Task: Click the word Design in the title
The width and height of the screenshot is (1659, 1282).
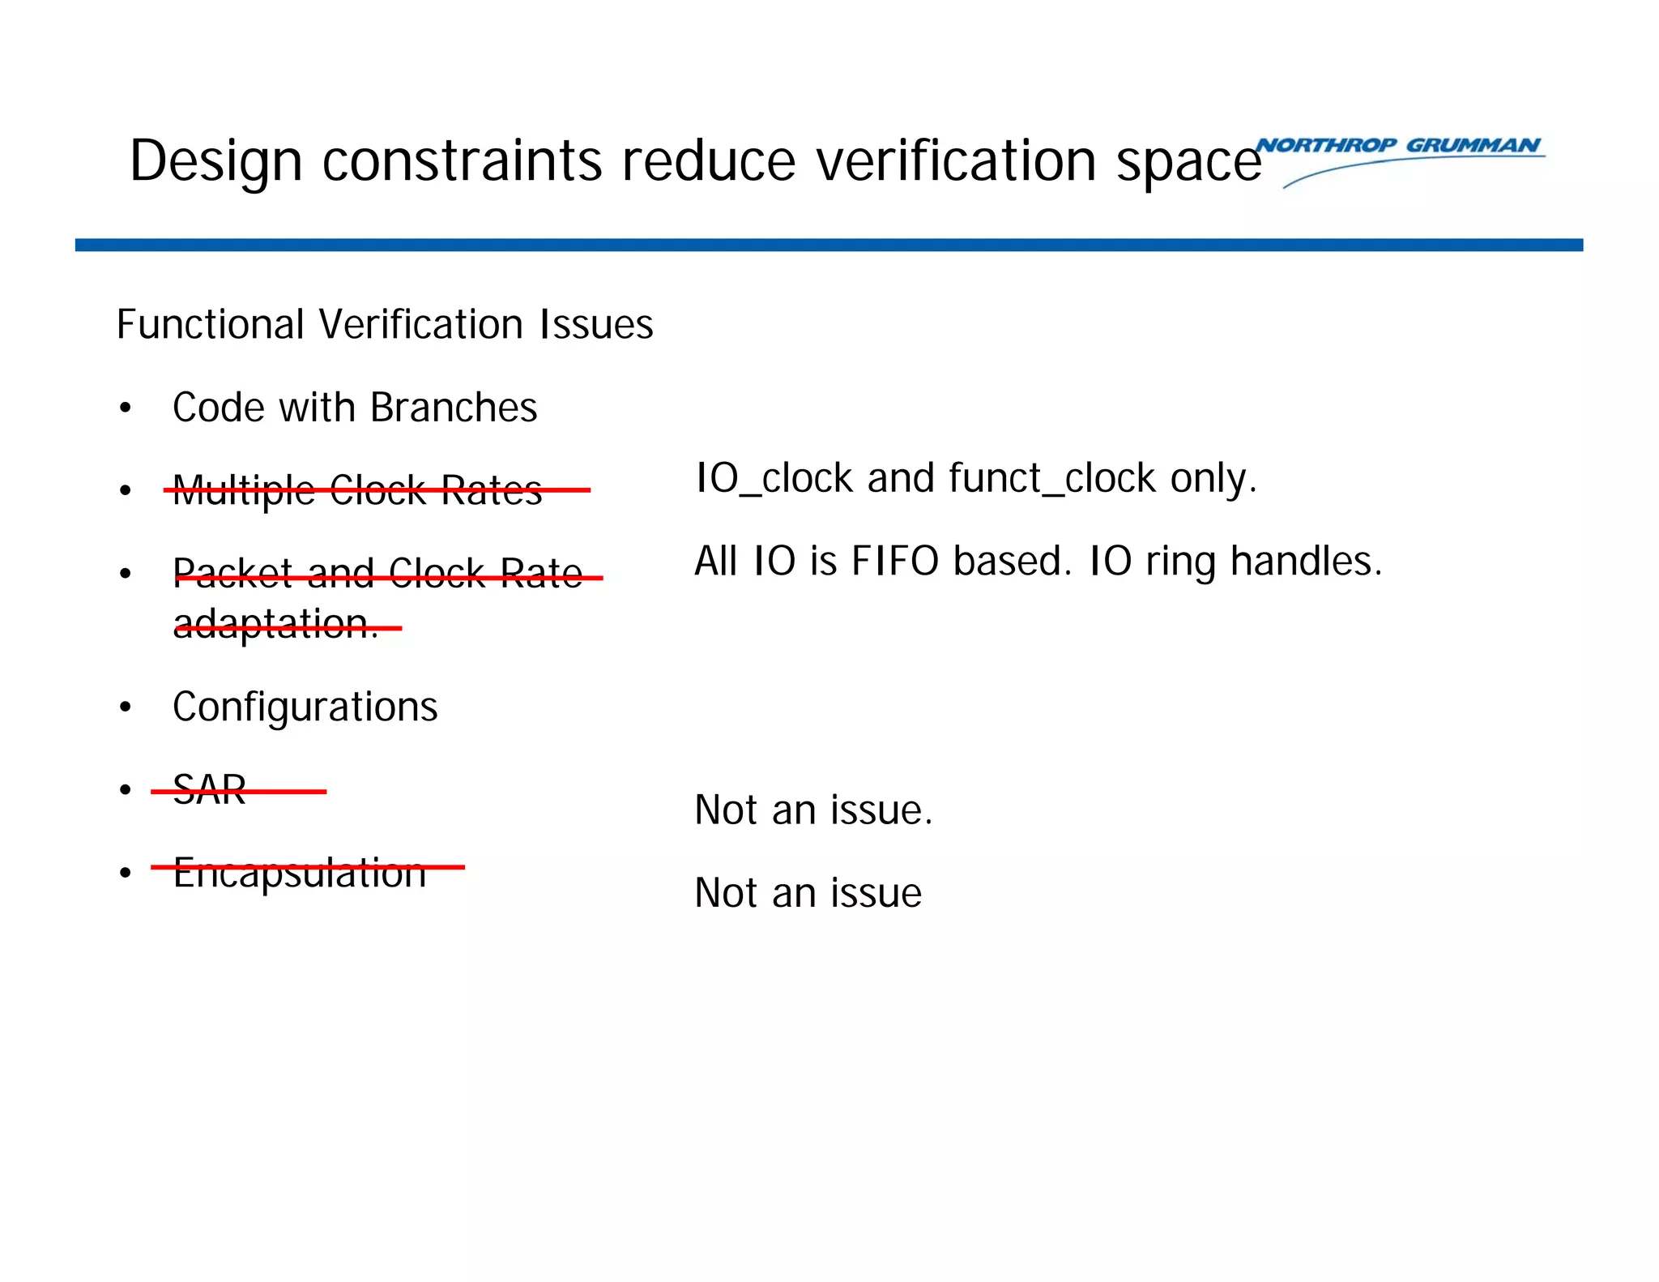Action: tap(215, 160)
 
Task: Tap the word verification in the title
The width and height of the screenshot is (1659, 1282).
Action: tap(956, 160)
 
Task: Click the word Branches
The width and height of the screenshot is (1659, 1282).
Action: tap(454, 407)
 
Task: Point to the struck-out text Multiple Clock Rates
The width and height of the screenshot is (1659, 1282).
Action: tap(357, 490)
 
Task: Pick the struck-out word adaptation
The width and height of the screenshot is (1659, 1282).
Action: tap(275, 624)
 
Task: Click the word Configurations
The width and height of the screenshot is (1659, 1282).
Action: tap(305, 707)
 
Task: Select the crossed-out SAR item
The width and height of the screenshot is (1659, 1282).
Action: tap(210, 790)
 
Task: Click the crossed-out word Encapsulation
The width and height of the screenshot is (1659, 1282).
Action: tap(300, 873)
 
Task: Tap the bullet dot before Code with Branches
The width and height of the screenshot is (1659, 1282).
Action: tap(125, 408)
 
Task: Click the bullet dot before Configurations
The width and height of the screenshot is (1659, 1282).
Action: tap(125, 707)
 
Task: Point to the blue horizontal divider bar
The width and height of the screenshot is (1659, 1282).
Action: tap(829, 245)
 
